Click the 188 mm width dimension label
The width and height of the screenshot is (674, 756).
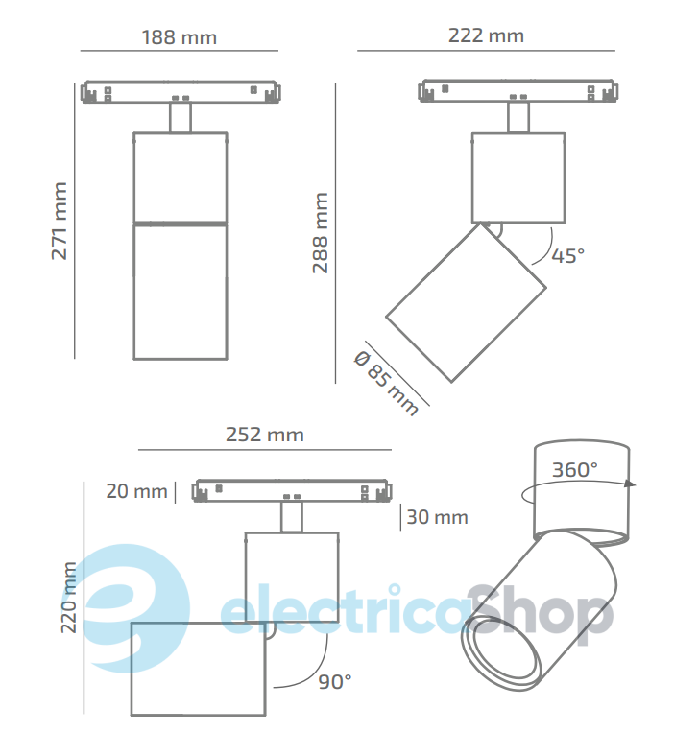click(x=179, y=37)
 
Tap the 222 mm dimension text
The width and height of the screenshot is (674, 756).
click(x=486, y=35)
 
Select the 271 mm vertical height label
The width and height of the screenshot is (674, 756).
click(x=60, y=221)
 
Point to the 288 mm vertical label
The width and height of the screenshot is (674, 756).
click(x=321, y=233)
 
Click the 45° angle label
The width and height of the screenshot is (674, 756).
click(x=567, y=255)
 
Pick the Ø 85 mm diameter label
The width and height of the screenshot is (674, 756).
click(x=387, y=383)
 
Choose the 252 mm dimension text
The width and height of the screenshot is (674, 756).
click(x=264, y=435)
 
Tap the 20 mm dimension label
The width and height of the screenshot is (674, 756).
click(x=136, y=491)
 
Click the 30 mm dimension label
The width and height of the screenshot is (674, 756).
click(x=437, y=517)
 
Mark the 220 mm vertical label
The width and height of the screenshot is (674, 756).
click(x=69, y=598)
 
